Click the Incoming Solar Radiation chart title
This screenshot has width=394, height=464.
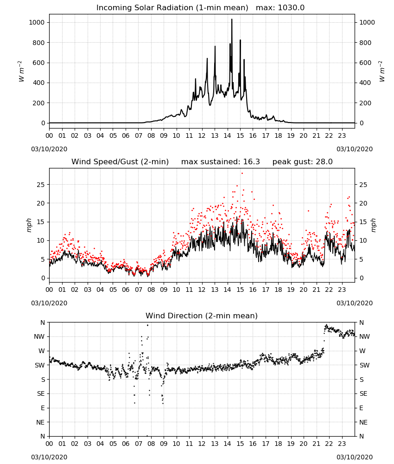172,8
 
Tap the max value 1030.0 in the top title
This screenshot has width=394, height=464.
291,8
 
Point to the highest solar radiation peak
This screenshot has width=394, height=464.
232,19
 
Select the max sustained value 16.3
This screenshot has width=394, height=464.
251,162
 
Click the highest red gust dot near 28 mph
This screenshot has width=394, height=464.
242,173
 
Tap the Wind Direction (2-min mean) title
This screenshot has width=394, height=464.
202,316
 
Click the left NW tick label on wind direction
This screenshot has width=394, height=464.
39,336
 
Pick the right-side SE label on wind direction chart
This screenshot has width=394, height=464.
363,393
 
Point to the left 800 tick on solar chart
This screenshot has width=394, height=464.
39,43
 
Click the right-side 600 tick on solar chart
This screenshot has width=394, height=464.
365,63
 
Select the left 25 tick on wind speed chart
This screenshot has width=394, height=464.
41,185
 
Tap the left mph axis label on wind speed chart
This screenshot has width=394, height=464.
29,225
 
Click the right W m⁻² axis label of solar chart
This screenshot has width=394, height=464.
382,71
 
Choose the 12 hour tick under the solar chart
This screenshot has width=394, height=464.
202,136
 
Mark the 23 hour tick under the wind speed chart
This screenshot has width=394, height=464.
342,290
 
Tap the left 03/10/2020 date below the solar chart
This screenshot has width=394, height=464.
49,149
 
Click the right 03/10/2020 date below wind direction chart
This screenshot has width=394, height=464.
355,457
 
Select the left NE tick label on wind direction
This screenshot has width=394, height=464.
40,422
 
